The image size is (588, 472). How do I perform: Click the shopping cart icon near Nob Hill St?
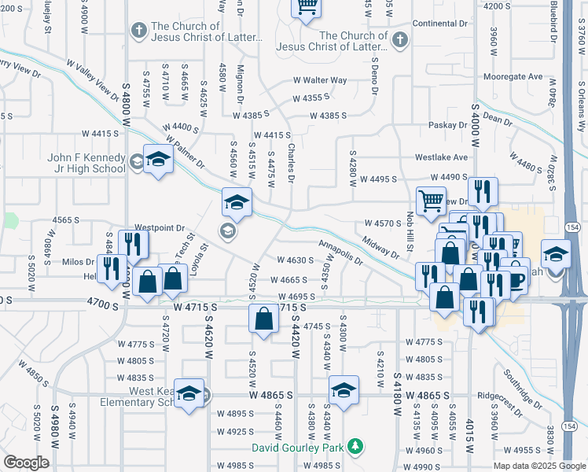pyautogui.click(x=431, y=201)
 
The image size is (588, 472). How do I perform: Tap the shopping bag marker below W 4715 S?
pyautogui.click(x=264, y=319)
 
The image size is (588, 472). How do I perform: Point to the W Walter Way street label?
pyautogui.click(x=320, y=79)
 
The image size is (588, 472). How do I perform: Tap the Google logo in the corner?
pyautogui.click(x=26, y=463)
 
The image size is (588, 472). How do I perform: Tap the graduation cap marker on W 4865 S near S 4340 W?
pyautogui.click(x=344, y=389)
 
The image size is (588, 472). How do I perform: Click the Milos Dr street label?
pyautogui.click(x=77, y=261)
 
